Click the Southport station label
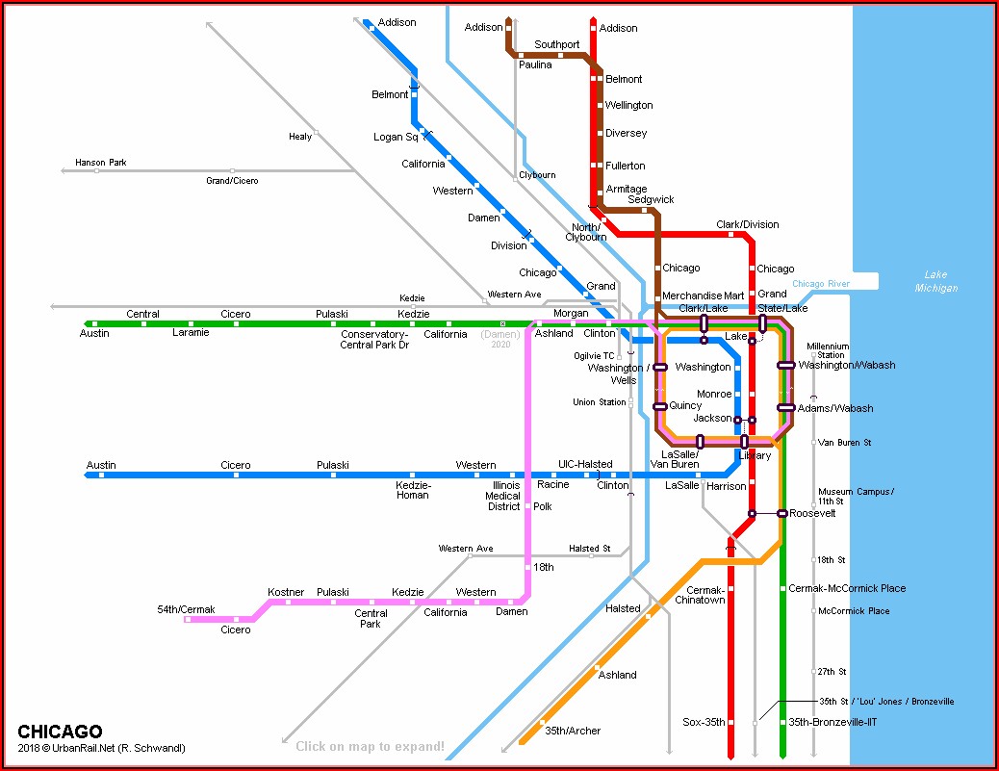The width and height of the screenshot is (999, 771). pos(557,44)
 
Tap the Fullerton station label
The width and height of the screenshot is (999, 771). pos(625,166)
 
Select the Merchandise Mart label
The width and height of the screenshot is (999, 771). pos(704,296)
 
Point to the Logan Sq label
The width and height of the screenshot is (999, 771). pos(396,138)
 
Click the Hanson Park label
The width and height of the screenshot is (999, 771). pos(101,163)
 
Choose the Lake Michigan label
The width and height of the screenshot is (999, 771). pos(935,281)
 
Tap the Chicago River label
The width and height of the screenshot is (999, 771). pos(821,284)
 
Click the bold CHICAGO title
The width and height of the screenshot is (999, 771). pos(60,732)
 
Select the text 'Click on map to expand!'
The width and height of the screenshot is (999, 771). pos(370,746)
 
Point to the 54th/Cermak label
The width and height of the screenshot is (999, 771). pos(186,609)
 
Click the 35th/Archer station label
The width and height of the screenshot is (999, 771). pos(572,731)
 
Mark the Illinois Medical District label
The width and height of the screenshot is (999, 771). pos(503,496)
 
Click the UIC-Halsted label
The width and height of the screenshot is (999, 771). pos(585,464)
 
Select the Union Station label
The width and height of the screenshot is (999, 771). pos(599,402)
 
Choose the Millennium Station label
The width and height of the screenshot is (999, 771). pos(828,350)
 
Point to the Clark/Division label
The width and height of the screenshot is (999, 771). pos(747,224)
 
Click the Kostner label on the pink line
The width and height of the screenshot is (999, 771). pos(286,592)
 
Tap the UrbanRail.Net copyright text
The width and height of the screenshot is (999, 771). pos(101,748)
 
